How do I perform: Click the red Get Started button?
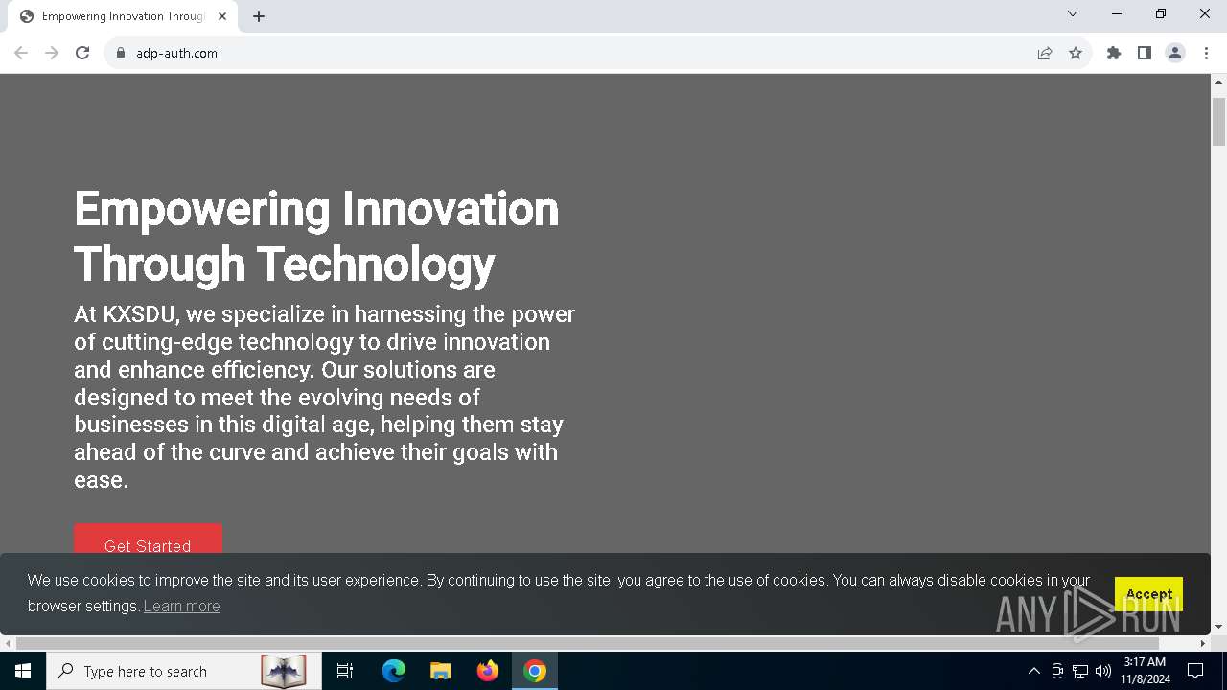[x=148, y=539]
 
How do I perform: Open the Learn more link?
[x=182, y=607]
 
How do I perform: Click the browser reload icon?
[x=82, y=53]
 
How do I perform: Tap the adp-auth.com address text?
[x=177, y=53]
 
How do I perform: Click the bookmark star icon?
[x=1076, y=53]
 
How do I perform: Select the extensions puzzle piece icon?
[x=1114, y=53]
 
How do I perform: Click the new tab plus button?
[x=259, y=16]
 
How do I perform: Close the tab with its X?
[x=222, y=16]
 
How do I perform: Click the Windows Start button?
[x=22, y=671]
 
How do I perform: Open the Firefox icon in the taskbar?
[x=488, y=671]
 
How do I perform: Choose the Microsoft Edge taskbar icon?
[x=393, y=671]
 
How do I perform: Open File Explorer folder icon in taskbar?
[x=440, y=671]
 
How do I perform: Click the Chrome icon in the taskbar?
[x=535, y=671]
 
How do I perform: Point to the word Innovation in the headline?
[x=451, y=209]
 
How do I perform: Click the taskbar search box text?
[x=145, y=672]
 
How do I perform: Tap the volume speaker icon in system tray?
[x=1103, y=671]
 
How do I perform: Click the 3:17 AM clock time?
[x=1145, y=662]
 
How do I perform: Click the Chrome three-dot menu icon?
[x=1206, y=53]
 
